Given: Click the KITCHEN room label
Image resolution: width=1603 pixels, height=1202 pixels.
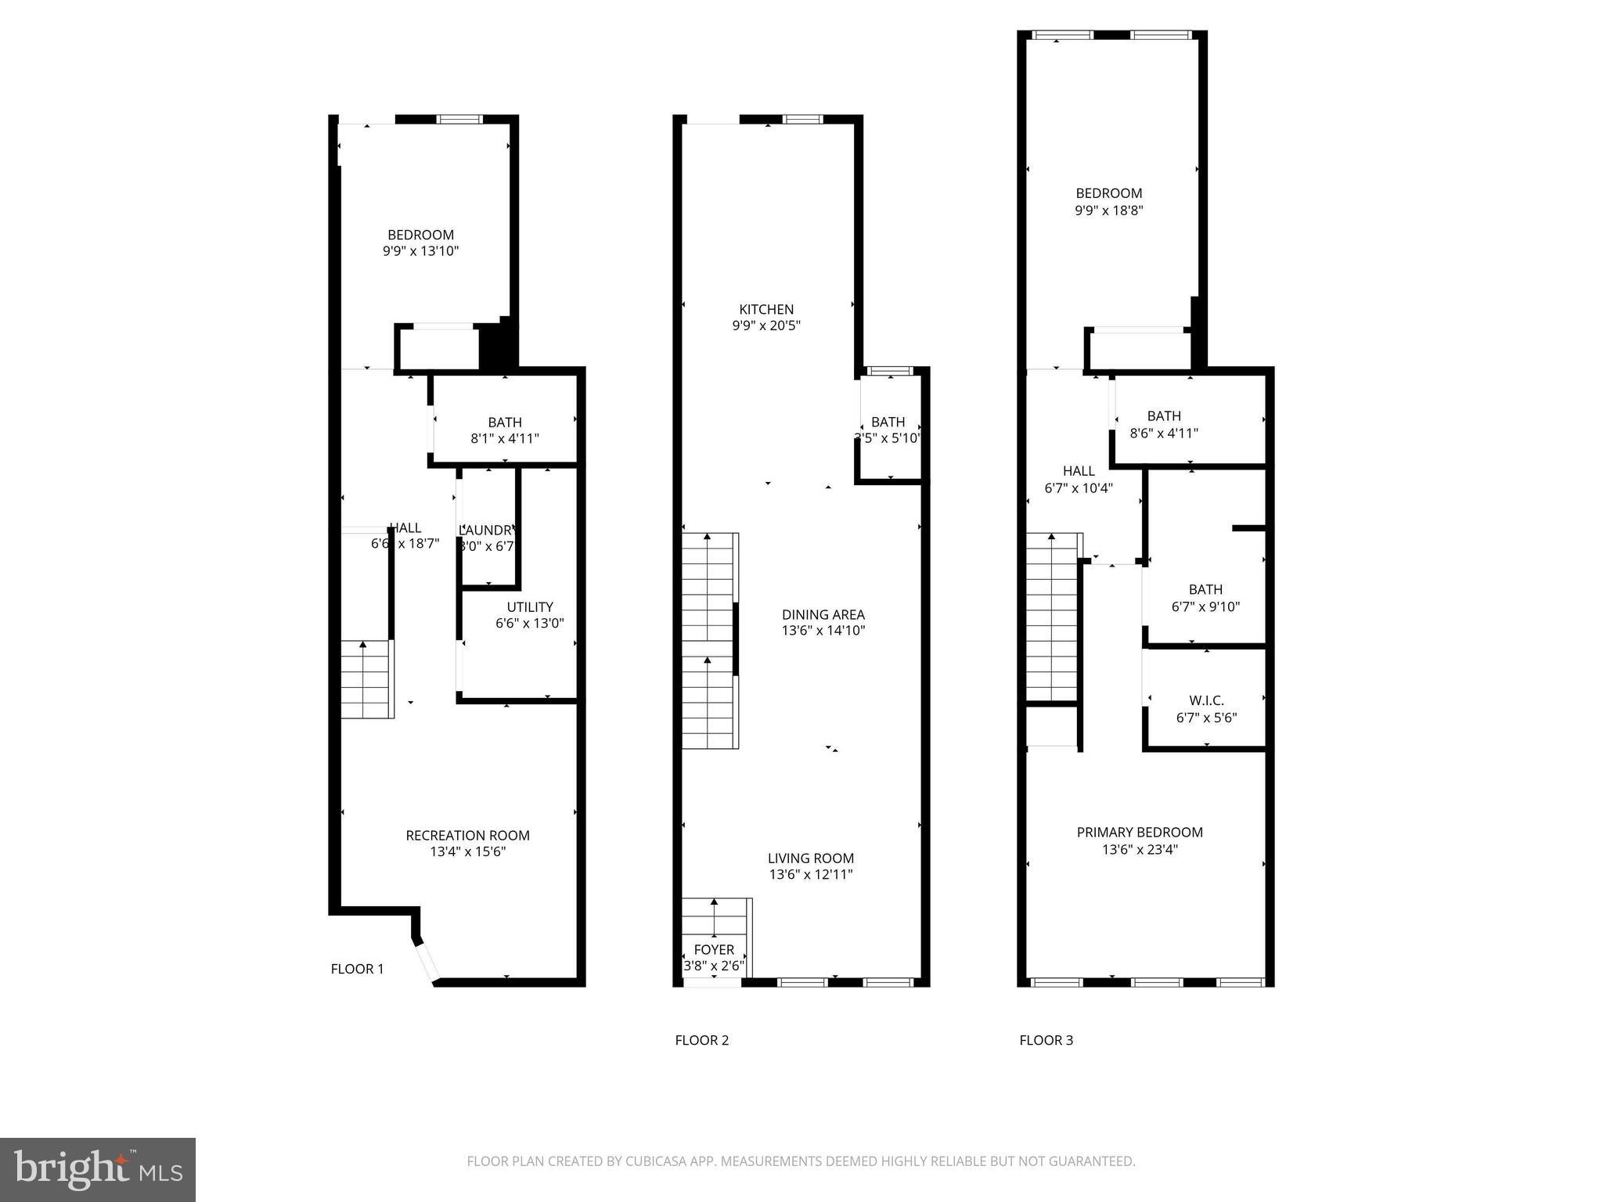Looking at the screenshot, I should [766, 309].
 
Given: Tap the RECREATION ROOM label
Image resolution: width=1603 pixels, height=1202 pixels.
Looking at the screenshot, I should [467, 835].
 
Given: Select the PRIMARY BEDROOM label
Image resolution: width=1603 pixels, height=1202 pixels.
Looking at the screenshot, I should [1140, 832].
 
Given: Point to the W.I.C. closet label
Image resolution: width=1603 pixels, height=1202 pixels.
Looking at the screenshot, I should [1206, 700].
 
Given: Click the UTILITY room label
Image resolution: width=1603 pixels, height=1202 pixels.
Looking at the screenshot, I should [529, 606].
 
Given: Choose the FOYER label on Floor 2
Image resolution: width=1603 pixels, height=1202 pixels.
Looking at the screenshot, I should [714, 949].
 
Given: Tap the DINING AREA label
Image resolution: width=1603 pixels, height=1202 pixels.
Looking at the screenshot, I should [823, 614].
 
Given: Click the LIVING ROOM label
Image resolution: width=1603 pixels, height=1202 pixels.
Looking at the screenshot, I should [810, 858].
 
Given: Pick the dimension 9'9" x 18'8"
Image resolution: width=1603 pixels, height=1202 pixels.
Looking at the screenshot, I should [1109, 210].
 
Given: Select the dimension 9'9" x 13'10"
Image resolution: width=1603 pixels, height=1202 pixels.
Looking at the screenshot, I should [420, 251].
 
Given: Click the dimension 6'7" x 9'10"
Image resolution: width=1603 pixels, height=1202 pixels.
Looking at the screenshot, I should [1205, 606].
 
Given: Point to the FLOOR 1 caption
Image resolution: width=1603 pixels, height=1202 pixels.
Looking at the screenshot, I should [357, 969].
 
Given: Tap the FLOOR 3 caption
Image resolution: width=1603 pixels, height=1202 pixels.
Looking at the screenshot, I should [1046, 1040].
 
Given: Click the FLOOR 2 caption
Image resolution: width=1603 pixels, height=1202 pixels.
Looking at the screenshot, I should [701, 1040].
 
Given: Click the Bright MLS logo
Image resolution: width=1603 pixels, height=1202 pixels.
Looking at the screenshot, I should [97, 1169].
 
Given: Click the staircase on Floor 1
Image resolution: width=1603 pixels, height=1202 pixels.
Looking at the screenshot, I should [366, 678].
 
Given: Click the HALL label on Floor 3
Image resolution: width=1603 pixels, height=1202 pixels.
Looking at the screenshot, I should [1079, 470].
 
